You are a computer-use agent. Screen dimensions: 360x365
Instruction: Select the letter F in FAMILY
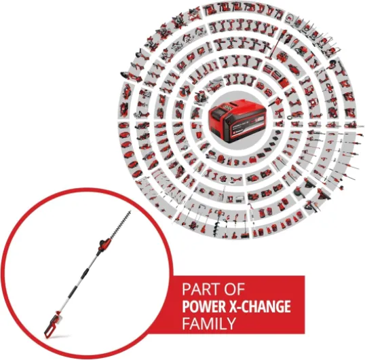pyautogui.click(x=185, y=323)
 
